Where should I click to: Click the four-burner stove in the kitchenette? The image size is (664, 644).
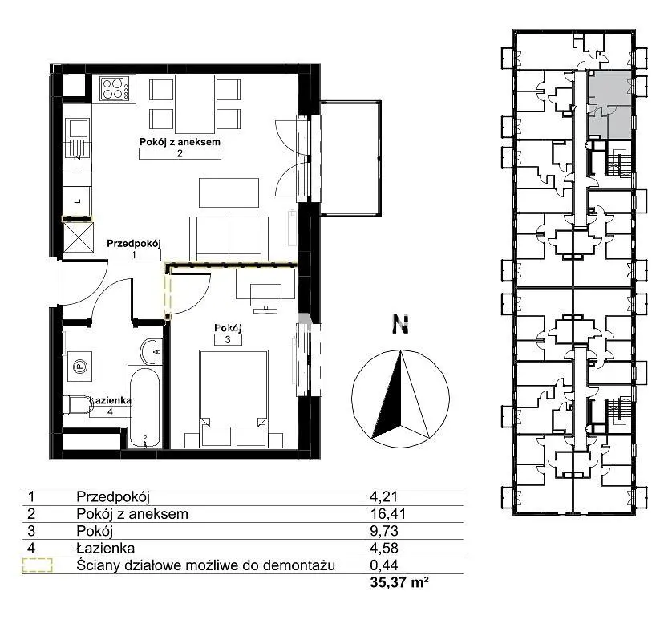115,88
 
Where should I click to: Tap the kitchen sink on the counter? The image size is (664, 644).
78,128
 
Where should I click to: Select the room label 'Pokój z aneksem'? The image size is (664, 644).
180,142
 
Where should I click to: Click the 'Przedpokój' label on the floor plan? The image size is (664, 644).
134,244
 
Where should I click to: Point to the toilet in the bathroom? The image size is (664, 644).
78,405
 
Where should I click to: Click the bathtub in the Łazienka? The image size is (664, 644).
144,407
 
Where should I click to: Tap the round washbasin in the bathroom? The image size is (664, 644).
152,351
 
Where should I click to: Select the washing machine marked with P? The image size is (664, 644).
79,367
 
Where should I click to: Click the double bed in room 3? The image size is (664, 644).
233,398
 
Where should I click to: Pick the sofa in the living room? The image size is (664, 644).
229,239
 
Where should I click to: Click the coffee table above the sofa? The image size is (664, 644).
229,192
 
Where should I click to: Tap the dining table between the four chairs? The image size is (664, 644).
195,104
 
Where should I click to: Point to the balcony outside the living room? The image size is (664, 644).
350,158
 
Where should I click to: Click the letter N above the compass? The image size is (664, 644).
400,324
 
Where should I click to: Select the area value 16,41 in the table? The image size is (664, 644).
387,514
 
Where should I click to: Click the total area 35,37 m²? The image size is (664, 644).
399,582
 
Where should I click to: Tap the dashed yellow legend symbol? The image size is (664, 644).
37,565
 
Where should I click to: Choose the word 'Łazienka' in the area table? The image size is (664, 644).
105,549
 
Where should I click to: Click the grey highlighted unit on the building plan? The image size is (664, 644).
610,104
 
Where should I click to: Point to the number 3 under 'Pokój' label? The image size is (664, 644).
228,339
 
